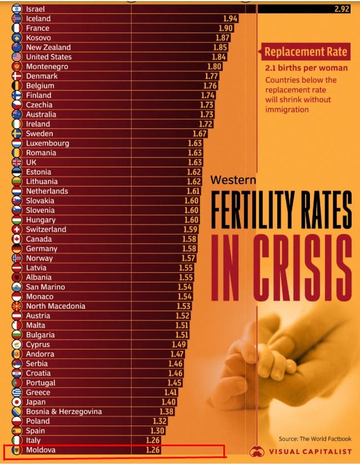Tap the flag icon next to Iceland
(x=17, y=18)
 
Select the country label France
(x=37, y=28)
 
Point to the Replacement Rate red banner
(x=306, y=52)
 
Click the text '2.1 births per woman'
(x=307, y=68)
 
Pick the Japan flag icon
(x=17, y=402)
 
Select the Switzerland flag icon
(x=17, y=229)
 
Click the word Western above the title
(x=233, y=180)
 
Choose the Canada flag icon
(x=17, y=239)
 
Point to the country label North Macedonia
(x=56, y=306)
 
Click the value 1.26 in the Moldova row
(x=153, y=450)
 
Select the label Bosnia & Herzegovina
(x=64, y=412)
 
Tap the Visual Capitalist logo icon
(x=256, y=451)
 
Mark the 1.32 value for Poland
(x=159, y=421)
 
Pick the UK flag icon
(x=17, y=162)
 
